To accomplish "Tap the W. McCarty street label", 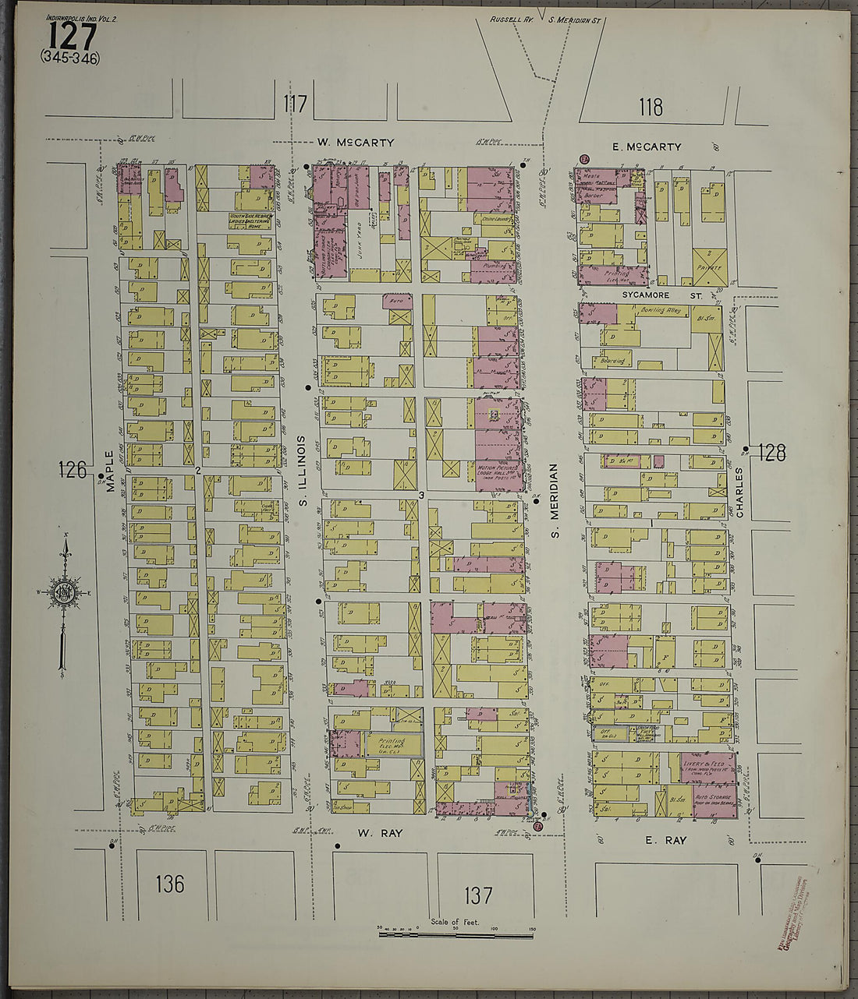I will point(355,143).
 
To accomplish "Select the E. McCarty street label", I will point(647,146).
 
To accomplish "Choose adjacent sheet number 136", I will point(169,884).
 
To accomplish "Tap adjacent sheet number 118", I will point(650,107).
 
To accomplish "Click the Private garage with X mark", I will point(710,267).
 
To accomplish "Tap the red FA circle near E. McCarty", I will point(585,160).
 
